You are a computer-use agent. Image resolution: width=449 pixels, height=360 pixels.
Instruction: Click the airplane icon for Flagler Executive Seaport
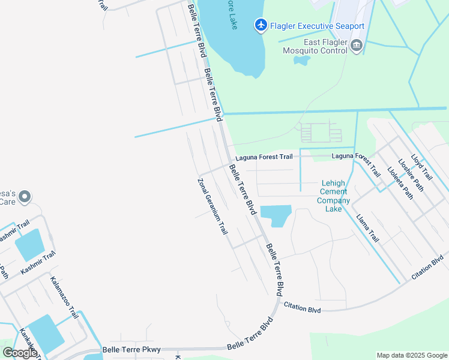tap(261, 25)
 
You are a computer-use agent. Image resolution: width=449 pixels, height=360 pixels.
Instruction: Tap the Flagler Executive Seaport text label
tap(317, 26)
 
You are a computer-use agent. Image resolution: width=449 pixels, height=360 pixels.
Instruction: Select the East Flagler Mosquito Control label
tap(315, 47)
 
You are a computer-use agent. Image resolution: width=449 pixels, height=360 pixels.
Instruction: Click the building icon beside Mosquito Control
tap(357, 45)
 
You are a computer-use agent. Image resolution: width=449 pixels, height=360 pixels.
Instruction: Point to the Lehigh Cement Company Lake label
tap(333, 196)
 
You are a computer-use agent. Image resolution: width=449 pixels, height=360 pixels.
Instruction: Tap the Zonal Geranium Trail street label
tap(213, 206)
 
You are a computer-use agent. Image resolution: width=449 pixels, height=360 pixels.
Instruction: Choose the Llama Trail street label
tap(367, 228)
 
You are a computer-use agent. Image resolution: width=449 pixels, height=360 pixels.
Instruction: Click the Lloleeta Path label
tap(400, 183)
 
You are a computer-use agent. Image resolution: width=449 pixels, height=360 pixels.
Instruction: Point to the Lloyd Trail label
tap(422, 166)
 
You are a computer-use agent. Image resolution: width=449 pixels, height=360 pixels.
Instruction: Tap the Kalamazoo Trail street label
tap(64, 298)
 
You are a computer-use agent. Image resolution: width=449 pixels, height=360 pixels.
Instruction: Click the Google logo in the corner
tap(19, 353)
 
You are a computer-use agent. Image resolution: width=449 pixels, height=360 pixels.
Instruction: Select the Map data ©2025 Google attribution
tap(412, 355)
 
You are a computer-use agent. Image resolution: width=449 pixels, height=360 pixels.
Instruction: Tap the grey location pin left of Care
tap(25, 197)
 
